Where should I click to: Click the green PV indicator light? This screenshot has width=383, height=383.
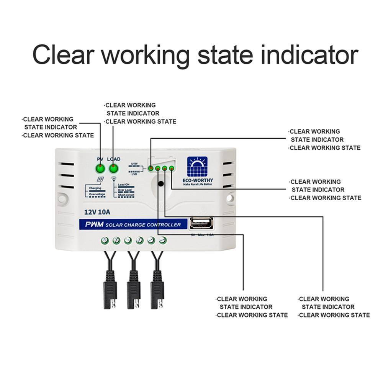tap(100, 169)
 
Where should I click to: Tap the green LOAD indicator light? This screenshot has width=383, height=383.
tap(113, 169)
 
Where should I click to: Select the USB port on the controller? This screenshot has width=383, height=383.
tap(201, 223)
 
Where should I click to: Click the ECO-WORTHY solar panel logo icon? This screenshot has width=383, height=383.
tap(197, 167)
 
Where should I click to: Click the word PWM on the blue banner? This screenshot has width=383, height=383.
tap(95, 225)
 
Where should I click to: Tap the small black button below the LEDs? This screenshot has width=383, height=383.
tap(161, 184)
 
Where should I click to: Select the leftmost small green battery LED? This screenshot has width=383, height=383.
tap(151, 169)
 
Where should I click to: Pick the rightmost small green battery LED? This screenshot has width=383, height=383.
tap(171, 168)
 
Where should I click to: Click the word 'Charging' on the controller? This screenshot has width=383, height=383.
tap(95, 188)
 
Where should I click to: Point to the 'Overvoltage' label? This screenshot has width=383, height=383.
tap(97, 195)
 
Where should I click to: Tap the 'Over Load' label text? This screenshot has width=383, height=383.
tap(125, 190)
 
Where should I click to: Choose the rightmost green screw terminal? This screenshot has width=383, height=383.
tap(163, 241)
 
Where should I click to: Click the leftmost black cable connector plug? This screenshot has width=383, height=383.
tap(110, 291)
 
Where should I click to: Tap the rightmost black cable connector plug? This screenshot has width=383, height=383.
tap(157, 291)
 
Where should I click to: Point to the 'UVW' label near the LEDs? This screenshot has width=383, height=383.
tap(134, 164)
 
